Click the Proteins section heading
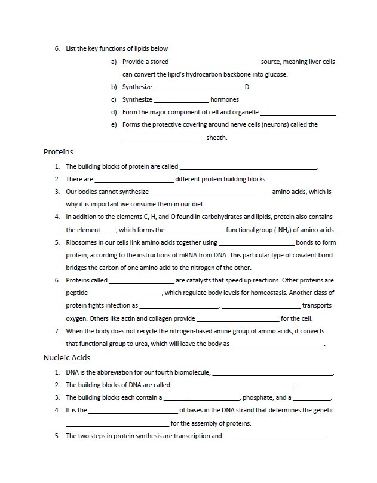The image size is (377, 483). [x=58, y=152]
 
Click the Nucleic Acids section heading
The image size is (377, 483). [x=67, y=358]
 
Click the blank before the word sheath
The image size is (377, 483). [x=163, y=138]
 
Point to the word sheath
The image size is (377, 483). [x=216, y=138]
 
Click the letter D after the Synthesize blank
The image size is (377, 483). [x=247, y=87]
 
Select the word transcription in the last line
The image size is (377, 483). [x=184, y=436]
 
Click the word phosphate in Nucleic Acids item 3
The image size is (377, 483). [x=256, y=397]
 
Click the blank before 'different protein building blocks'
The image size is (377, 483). [x=134, y=180]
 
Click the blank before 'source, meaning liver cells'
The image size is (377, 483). [x=214, y=62]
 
